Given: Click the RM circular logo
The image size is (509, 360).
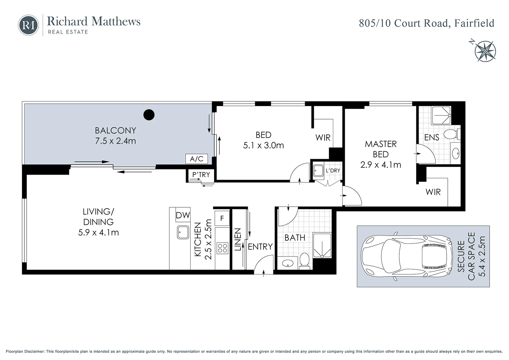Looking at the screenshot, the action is coord(28,25).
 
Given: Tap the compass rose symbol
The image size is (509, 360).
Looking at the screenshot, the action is coord(485,51).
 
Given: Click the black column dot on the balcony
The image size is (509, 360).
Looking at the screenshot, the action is coord(149,115).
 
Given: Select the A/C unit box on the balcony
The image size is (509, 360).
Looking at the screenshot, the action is coord(196,159).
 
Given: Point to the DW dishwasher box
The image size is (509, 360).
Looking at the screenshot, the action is coord(183,215).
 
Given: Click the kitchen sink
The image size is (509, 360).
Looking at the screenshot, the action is coord(183,232).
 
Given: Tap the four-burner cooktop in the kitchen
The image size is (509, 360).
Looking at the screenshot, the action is coord(222,248).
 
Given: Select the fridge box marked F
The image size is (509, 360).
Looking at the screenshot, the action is coord(222,218).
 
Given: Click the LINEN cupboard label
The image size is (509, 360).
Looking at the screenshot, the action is coord(237,239).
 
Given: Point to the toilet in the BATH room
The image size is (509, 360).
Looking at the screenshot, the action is coord(304,260).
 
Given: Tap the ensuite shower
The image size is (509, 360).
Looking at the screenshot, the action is coord(441,116).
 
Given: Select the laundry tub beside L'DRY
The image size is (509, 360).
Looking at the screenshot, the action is coord(318,171).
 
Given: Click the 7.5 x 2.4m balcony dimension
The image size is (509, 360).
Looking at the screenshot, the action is coord(115,141).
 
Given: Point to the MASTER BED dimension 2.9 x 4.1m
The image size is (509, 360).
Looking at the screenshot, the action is coord(381,165).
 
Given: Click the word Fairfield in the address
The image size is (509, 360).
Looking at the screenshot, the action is coord(474,23).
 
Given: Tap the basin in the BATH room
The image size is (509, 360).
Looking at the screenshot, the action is coord(288,263).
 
